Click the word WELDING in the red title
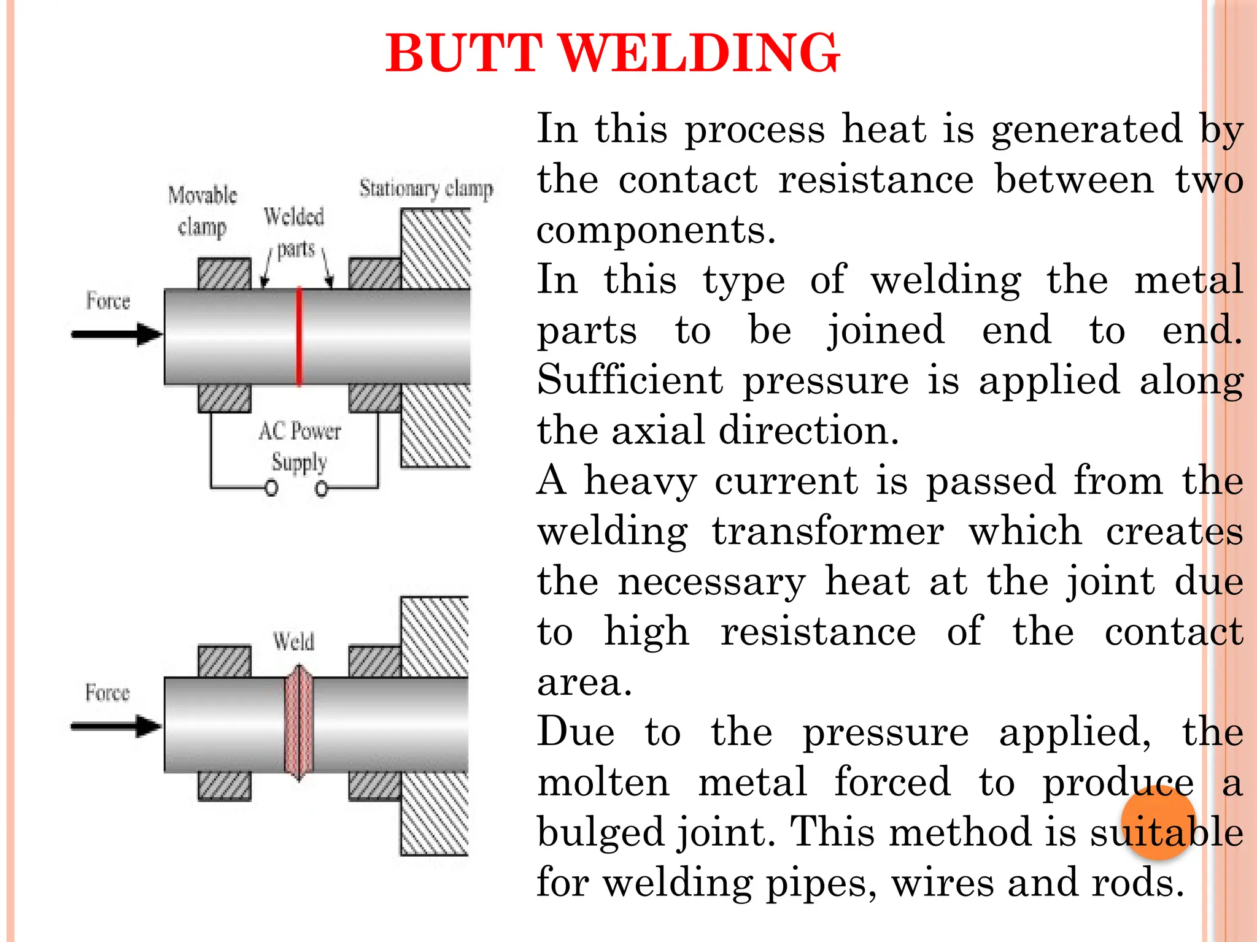click(x=700, y=53)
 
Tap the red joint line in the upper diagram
click(x=299, y=336)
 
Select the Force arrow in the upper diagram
click(x=117, y=334)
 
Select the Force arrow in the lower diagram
click(x=117, y=726)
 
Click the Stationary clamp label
click(x=426, y=188)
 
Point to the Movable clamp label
click(x=203, y=210)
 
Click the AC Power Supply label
click(x=300, y=446)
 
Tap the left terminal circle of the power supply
click(x=271, y=489)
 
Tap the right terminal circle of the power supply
click(x=321, y=489)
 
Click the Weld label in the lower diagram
click(x=293, y=641)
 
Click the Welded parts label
click(x=294, y=232)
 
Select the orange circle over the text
click(x=1158, y=822)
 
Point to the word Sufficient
click(x=630, y=380)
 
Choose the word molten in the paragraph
click(x=603, y=783)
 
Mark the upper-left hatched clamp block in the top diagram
click(x=225, y=274)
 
